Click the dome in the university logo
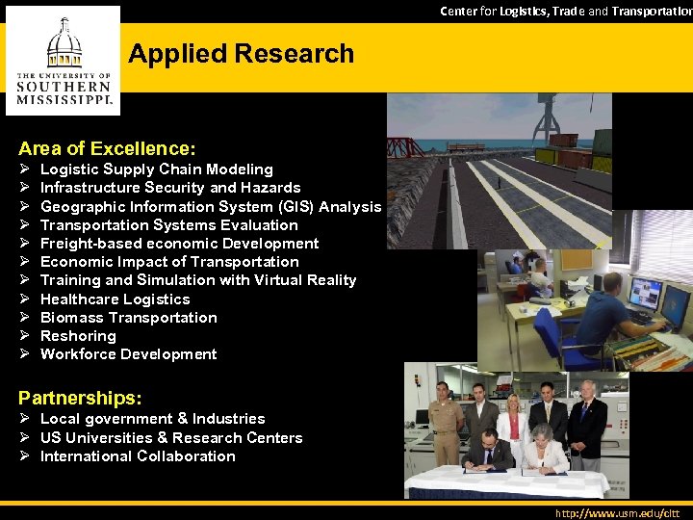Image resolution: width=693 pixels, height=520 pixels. click(64, 39)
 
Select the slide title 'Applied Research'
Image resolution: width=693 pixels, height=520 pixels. click(241, 54)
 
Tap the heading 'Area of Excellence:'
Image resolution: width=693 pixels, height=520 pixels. click(107, 148)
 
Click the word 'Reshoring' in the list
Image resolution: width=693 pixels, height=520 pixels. click(78, 336)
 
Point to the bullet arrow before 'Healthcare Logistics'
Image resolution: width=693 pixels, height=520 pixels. click(24, 299)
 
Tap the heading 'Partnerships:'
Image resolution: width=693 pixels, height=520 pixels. click(80, 397)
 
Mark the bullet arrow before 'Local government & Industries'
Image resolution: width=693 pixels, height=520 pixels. click(24, 419)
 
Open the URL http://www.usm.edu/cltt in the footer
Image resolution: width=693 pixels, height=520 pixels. click(618, 513)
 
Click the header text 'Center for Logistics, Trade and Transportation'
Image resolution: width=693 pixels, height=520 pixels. click(566, 11)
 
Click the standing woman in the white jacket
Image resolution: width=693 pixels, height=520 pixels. click(509, 424)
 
